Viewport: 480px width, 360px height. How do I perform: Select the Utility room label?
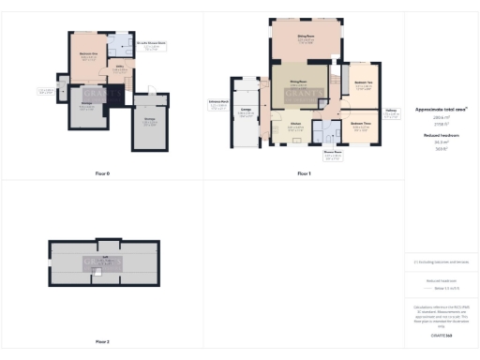click(x=121, y=67)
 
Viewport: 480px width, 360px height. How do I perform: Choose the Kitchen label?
click(x=294, y=125)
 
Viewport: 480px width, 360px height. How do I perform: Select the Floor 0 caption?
click(x=102, y=173)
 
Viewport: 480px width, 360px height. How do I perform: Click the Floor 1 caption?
click(x=303, y=173)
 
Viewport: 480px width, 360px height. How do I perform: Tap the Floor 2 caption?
click(x=102, y=341)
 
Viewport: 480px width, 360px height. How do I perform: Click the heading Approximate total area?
click(x=441, y=109)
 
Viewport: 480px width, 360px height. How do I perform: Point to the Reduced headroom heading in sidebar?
click(x=441, y=135)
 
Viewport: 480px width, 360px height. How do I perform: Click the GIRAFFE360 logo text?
click(x=441, y=335)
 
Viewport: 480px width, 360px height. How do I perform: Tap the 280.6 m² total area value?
click(x=441, y=117)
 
